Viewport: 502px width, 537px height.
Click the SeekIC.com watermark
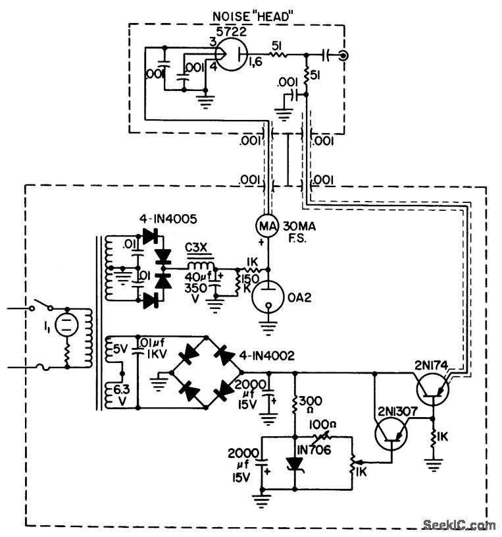click(461, 524)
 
